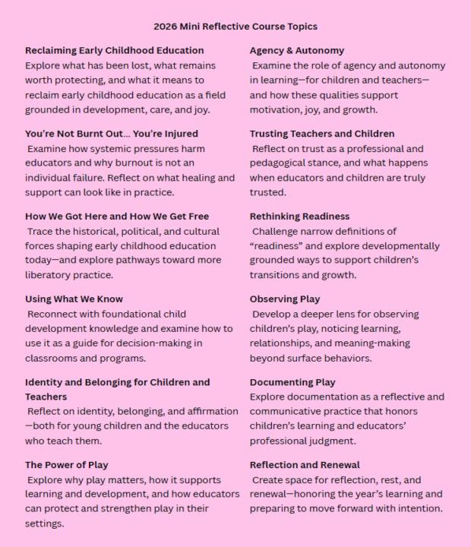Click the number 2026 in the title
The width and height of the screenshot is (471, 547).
point(166,27)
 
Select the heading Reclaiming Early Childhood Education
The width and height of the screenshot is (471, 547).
point(111,50)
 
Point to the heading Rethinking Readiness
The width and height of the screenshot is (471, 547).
point(299,217)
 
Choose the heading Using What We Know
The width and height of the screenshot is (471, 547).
point(74,299)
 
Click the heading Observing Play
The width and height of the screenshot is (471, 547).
point(285,299)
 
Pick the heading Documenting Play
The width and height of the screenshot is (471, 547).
point(292,382)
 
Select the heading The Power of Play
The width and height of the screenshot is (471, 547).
point(67,465)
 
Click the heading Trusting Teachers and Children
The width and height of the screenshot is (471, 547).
point(322,134)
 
